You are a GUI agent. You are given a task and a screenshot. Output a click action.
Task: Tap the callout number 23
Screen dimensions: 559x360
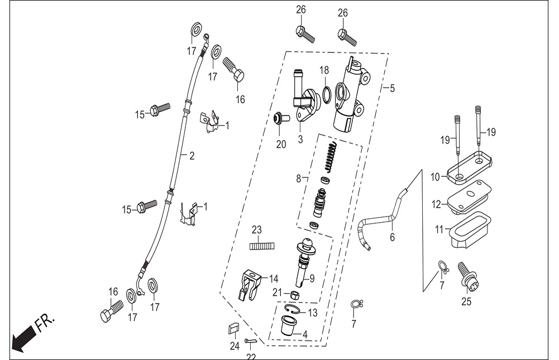[257, 231]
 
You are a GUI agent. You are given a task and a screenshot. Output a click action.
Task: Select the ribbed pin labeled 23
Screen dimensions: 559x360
[262, 246]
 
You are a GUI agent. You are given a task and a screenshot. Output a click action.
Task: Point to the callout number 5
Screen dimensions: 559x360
[392, 88]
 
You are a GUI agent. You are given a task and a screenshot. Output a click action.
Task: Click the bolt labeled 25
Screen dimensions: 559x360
[468, 277]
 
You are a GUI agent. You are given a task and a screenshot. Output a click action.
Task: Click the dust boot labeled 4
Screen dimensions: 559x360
[288, 325]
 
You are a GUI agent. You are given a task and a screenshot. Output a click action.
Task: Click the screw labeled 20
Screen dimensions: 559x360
[281, 119]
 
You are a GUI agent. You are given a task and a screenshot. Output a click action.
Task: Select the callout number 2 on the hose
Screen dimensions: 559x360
[192, 156]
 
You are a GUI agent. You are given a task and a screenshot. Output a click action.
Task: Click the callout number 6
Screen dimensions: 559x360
[392, 237]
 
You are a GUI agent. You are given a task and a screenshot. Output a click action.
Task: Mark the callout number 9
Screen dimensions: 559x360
[312, 279]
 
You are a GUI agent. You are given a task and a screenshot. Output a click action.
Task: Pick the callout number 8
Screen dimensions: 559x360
[298, 179]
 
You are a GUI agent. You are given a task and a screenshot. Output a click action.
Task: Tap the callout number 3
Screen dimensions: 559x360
[300, 139]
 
